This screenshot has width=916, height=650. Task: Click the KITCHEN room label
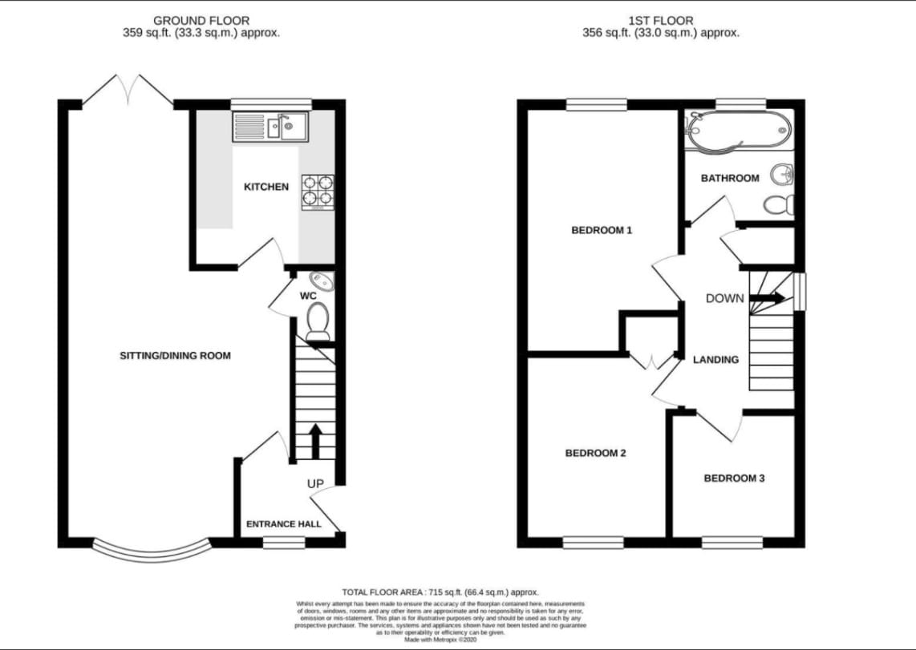[x=266, y=187]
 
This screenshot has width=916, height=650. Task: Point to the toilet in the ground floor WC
[x=318, y=322]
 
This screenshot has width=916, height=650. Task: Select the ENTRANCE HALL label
[x=283, y=524]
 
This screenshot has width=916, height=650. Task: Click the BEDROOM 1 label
[x=602, y=231]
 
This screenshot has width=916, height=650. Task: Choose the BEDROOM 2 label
[x=596, y=453]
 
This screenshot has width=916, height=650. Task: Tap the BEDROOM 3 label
[x=734, y=478]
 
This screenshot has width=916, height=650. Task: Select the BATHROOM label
[x=730, y=178]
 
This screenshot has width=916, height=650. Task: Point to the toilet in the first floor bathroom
[x=778, y=205]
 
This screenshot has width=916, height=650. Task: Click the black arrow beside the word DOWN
[x=767, y=298]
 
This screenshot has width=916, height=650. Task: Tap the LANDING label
[x=715, y=360]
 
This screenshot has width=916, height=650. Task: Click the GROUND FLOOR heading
[x=201, y=20]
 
